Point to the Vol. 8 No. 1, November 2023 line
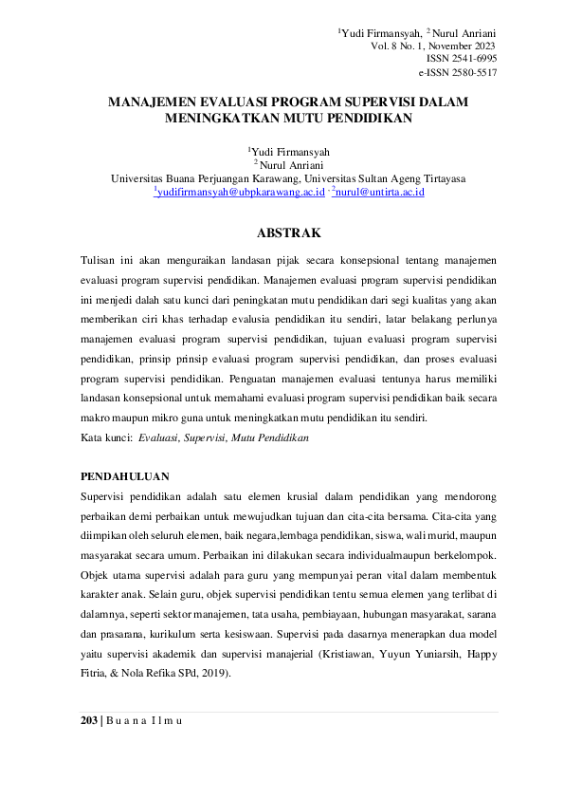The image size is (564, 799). point(433,45)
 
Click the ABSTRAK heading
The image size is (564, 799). point(289,232)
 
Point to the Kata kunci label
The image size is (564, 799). point(105,438)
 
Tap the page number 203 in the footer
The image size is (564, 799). point(88,721)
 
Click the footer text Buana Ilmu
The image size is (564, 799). point(145,721)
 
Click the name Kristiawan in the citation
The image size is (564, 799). point(337,654)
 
